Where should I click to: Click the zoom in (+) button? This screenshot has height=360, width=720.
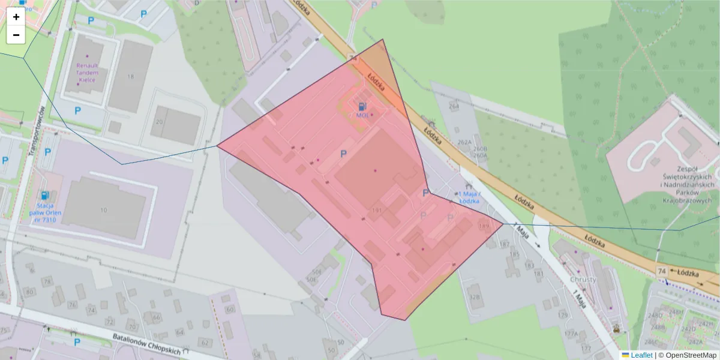point(16,17)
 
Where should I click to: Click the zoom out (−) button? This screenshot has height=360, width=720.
point(16,35)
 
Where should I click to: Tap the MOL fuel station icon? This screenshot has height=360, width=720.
point(362,106)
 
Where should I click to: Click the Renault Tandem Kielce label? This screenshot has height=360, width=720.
point(87,72)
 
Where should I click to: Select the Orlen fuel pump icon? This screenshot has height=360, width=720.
point(44,195)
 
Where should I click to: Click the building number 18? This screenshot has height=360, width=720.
point(131,76)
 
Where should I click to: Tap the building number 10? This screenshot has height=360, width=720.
point(104,210)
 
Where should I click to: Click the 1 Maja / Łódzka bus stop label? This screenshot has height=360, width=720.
point(468,197)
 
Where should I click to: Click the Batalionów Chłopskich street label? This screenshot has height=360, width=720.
point(147,347)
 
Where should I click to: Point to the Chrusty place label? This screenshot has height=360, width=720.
point(583,280)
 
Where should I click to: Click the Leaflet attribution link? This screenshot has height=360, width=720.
point(641,355)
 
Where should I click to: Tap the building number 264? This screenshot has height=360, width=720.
point(454,106)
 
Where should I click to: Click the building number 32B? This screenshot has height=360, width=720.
point(475,296)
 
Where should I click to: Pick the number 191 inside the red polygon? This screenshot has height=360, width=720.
point(377,210)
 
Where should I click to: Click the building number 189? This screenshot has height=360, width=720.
point(484,226)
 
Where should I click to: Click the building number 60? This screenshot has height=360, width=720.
point(230,310)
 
